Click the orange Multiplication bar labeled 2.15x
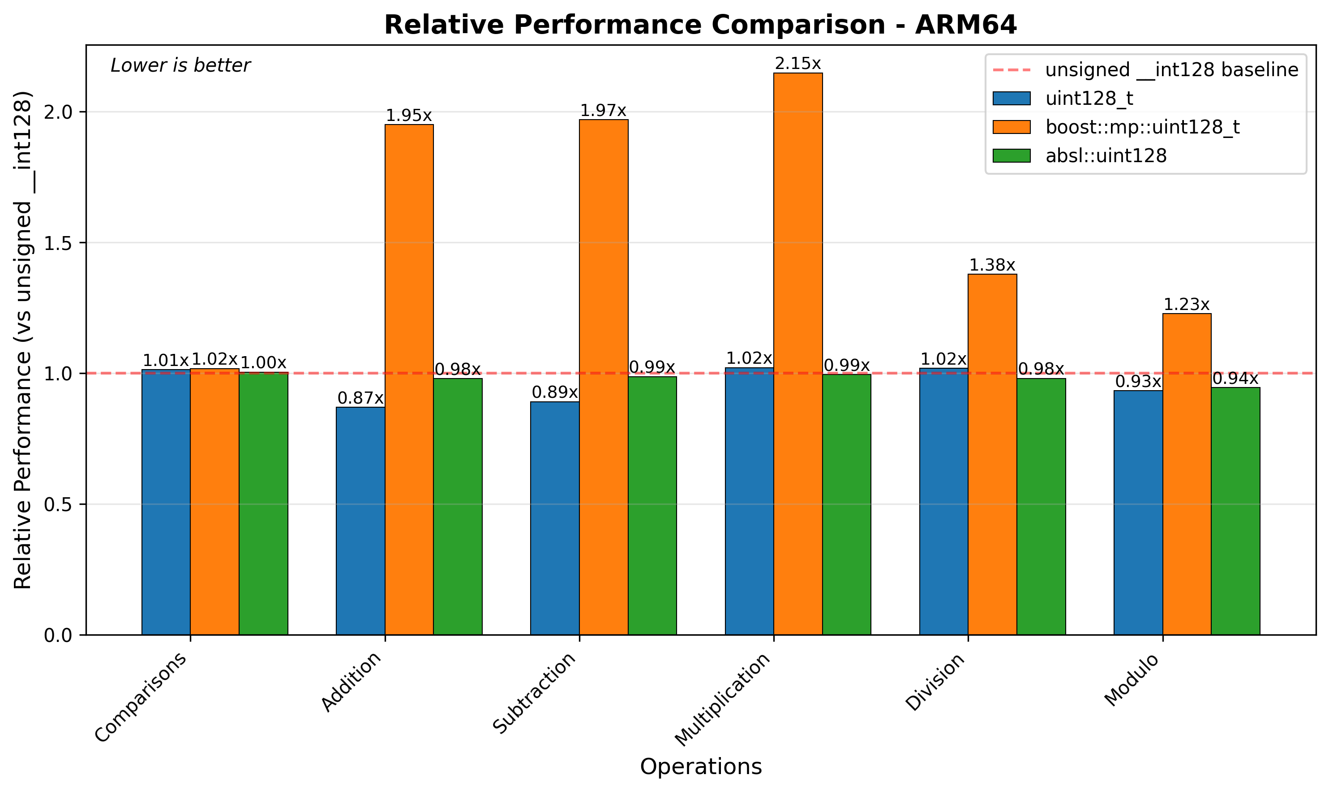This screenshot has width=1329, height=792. coord(798,352)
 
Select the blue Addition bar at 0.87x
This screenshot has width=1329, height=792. coord(360,521)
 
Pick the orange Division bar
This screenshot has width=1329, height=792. coord(992,454)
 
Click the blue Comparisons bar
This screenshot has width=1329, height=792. coord(166,502)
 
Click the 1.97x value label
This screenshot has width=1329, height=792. coord(603,111)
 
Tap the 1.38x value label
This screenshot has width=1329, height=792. coord(992,265)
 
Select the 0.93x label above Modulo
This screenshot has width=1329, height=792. coord(1138,382)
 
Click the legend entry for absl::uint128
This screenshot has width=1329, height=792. coord(1106,156)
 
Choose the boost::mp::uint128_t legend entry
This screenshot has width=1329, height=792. coord(1142,127)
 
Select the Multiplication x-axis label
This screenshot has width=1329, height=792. coord(723,699)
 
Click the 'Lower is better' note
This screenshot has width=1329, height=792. coord(180,66)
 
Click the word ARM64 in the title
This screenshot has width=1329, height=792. coord(966,25)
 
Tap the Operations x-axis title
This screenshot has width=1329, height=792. coord(701,767)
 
